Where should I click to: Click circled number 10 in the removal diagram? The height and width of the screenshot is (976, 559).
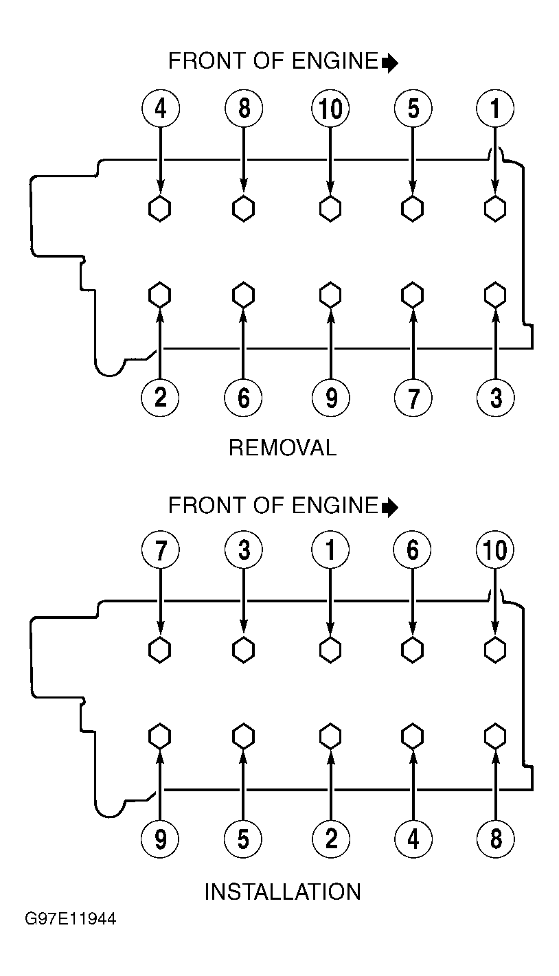point(330,108)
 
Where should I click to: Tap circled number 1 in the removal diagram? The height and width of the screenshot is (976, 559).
point(495,108)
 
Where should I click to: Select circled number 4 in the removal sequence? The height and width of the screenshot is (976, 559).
point(161,108)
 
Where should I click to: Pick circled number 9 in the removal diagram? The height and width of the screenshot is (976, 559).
point(331,398)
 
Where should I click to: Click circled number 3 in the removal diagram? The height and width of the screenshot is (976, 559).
point(495,398)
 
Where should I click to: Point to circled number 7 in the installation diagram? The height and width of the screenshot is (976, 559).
point(161,550)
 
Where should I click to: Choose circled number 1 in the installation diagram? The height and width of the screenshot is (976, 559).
point(330,550)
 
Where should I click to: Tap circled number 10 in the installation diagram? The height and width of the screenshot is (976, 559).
point(495,550)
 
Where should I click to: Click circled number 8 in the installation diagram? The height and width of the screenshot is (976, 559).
point(495,839)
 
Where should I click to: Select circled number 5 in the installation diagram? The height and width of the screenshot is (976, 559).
point(243,839)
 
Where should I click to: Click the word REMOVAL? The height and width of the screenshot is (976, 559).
point(283,448)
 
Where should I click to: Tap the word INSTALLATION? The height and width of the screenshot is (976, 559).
point(283,892)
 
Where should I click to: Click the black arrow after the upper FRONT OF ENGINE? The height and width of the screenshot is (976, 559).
point(390,63)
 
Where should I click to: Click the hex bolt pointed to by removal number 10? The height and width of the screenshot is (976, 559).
point(330,208)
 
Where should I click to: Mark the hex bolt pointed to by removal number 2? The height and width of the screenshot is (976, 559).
point(159,295)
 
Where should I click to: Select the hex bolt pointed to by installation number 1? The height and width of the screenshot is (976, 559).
point(330,650)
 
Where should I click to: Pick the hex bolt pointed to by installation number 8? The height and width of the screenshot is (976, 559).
point(495,736)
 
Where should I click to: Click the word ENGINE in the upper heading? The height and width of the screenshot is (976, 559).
point(334,61)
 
